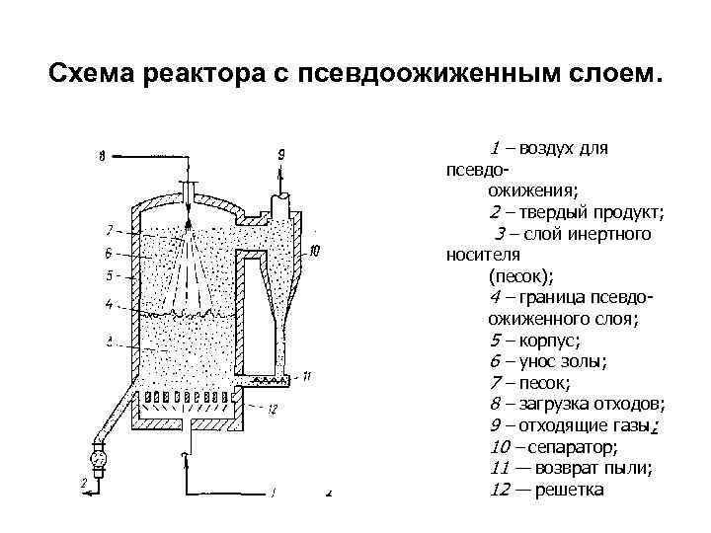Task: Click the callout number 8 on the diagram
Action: [x=103, y=156]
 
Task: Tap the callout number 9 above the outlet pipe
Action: [x=281, y=154]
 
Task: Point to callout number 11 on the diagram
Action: [x=307, y=376]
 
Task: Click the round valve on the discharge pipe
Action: [x=97, y=458]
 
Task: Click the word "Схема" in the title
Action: [x=95, y=75]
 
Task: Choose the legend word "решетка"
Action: [x=568, y=490]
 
